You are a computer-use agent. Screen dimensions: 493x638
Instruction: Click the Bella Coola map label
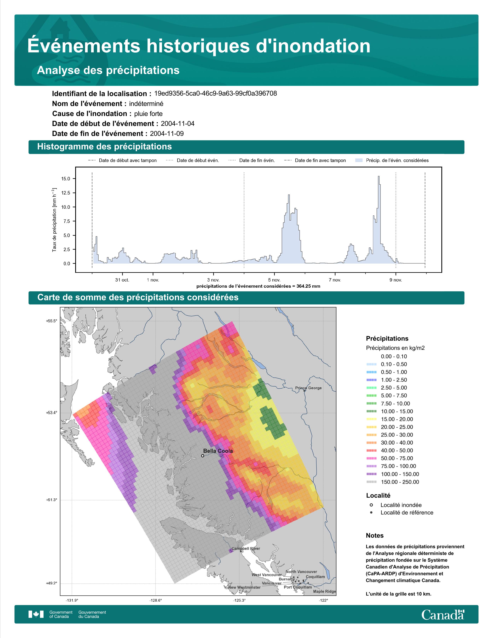coord(218,451)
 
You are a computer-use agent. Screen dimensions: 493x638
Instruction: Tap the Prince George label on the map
coord(308,388)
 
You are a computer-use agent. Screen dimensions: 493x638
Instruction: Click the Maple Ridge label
coord(324,591)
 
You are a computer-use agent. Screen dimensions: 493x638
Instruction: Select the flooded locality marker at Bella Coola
coord(203,456)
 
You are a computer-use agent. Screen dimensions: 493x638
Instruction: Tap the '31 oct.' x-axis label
coord(122,280)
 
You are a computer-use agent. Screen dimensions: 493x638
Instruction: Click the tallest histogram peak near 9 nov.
coord(379,177)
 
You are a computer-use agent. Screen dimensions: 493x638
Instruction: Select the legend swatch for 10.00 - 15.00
coord(371,411)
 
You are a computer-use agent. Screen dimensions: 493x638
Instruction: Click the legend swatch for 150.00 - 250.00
coord(371,482)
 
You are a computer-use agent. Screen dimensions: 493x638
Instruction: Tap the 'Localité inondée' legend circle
coord(371,505)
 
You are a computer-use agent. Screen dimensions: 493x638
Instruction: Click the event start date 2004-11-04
coord(177,124)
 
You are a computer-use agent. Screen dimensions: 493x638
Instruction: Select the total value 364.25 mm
coord(308,286)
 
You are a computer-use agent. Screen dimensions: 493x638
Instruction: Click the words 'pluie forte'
coord(148,114)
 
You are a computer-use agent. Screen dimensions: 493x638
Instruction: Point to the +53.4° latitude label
coord(52,413)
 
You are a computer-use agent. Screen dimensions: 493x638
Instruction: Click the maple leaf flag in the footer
coord(36,614)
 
